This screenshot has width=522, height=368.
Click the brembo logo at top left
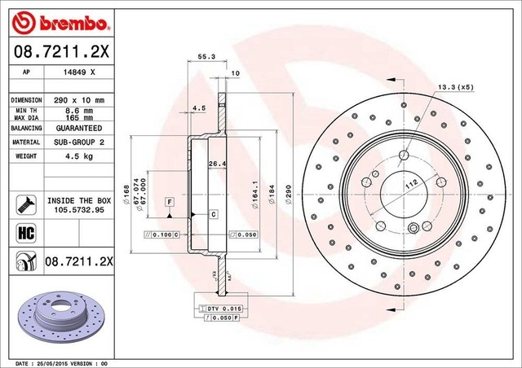tap(51, 19)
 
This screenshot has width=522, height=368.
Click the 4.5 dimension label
tap(199, 107)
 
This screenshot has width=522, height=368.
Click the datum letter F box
tap(169, 200)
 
